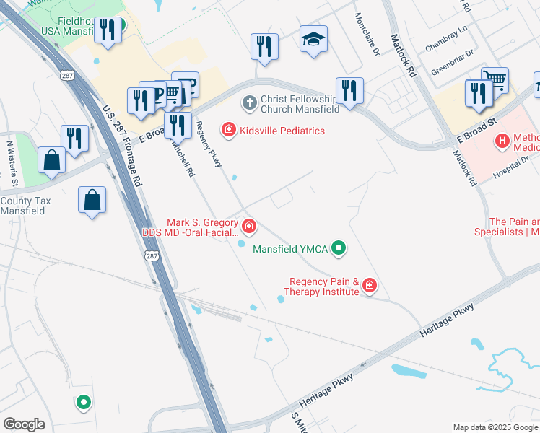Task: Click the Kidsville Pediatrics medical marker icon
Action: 228,131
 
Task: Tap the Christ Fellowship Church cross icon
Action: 249,102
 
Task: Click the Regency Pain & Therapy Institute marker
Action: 370,286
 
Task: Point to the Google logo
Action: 24,424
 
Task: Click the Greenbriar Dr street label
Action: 452,63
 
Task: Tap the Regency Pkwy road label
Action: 208,144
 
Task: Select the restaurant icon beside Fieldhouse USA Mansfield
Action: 108,31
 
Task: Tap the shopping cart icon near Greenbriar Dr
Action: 495,80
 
